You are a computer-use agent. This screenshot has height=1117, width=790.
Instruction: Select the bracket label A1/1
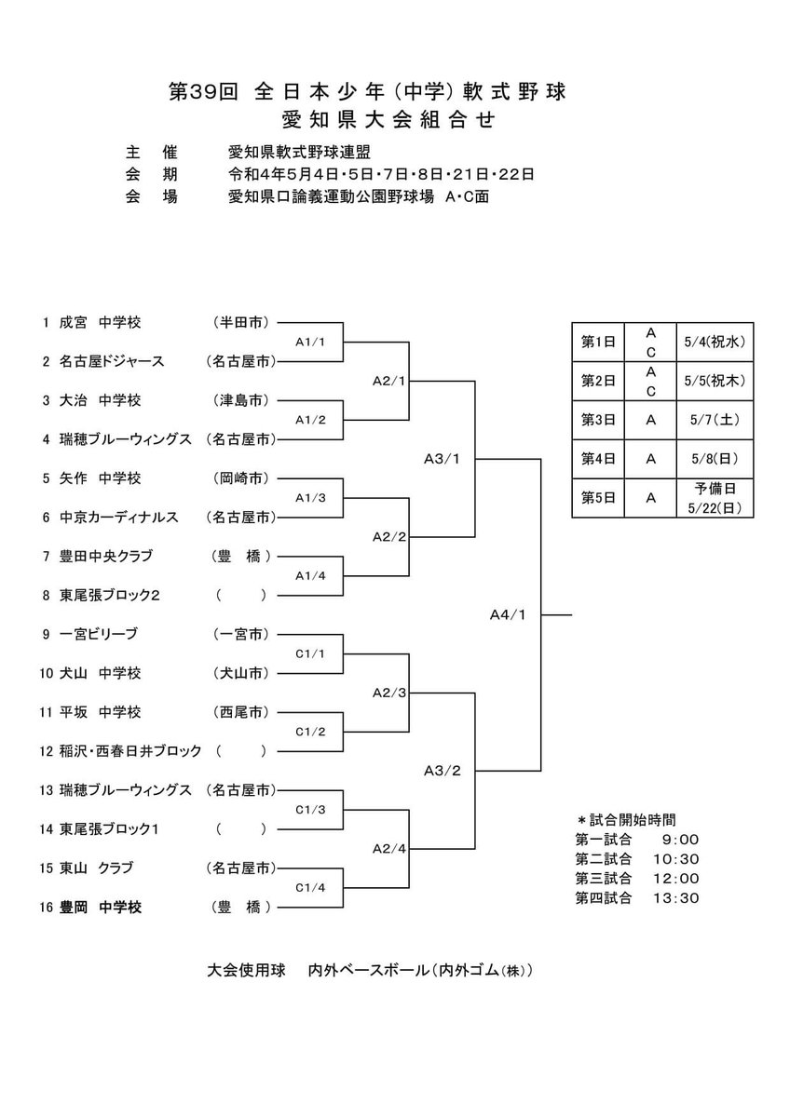309,342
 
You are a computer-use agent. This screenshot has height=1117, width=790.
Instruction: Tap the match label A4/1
509,614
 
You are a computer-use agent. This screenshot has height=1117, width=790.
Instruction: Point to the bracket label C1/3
309,810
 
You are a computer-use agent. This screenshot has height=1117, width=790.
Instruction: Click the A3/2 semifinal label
443,771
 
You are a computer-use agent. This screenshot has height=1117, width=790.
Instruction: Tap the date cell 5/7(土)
716,420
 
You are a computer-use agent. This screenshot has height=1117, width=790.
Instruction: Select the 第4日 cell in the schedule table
597,459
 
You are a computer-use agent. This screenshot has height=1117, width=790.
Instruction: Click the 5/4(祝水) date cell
716,342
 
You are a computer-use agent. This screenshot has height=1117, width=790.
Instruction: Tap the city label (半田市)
241,322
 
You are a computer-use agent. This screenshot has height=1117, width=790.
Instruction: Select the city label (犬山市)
241,673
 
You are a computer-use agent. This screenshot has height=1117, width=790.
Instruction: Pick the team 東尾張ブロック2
111,595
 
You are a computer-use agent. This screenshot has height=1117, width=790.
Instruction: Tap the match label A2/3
388,693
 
